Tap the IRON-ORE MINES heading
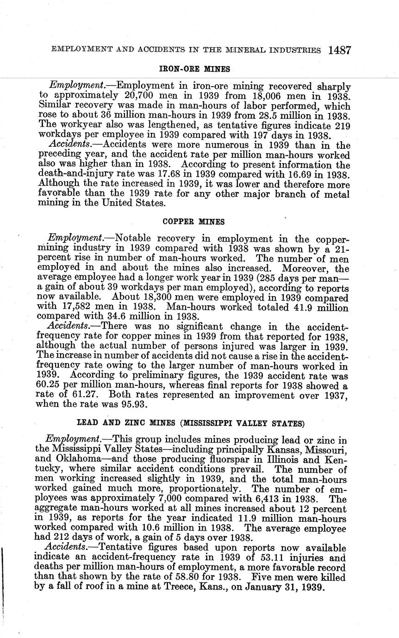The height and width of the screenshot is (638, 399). [x=194, y=69]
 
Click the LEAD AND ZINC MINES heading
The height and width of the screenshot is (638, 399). [x=190, y=423]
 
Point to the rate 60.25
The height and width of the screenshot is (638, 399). [x=50, y=385]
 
